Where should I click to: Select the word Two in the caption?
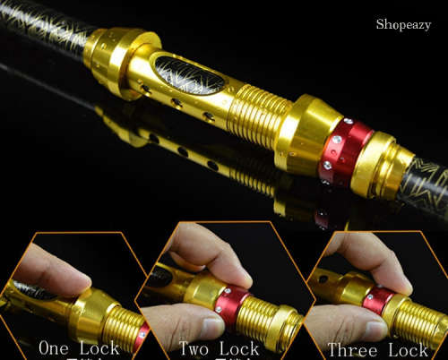[x=195, y=347]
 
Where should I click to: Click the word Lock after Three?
[x=409, y=349]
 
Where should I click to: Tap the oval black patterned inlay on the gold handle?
[x=189, y=74]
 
